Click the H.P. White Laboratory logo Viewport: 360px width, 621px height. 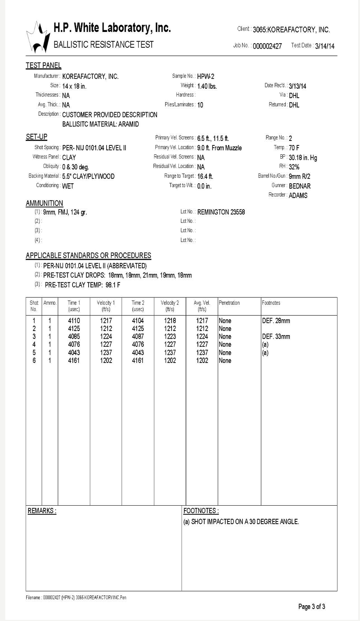[x=38, y=37]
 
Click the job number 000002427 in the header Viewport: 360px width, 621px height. [x=267, y=46]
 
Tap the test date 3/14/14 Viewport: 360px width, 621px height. [x=325, y=46]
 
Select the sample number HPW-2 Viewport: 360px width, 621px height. [x=206, y=77]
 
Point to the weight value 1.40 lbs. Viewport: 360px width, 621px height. [x=207, y=86]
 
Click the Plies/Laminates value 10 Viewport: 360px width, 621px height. [x=200, y=105]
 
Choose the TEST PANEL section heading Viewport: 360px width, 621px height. [x=43, y=66]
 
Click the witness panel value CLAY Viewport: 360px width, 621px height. [x=69, y=158]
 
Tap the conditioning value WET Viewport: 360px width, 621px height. [x=68, y=186]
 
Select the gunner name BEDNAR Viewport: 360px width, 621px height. [x=300, y=186]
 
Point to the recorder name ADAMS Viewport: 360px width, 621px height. [x=298, y=195]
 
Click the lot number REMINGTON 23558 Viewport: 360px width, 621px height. [x=221, y=212]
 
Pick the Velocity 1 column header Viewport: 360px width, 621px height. [x=106, y=306]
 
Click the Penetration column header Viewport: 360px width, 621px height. [x=229, y=303]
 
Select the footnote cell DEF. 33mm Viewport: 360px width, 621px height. [x=276, y=336]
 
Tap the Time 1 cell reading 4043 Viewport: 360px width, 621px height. [x=74, y=353]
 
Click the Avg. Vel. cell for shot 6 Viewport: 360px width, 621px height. [x=202, y=361]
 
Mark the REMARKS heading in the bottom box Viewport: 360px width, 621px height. [x=42, y=511]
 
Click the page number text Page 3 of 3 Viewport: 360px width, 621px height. [x=311, y=607]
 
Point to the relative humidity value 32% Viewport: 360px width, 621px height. [x=294, y=167]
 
